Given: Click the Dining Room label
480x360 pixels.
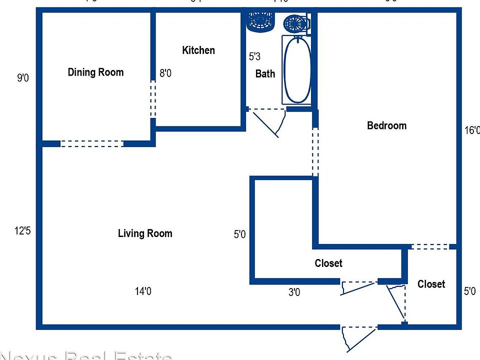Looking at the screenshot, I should (x=95, y=72).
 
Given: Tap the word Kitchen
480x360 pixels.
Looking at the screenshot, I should (x=198, y=50).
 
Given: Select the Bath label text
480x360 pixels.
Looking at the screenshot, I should (x=265, y=74).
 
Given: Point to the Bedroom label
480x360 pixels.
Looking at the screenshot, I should (x=386, y=125).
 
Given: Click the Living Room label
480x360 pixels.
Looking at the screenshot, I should (x=145, y=233).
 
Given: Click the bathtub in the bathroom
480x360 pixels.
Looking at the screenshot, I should (x=297, y=70).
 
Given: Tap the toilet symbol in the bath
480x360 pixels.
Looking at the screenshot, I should (x=296, y=23).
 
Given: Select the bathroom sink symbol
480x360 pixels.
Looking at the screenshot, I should (x=260, y=21).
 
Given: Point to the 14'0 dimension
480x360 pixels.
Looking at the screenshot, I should (x=143, y=291).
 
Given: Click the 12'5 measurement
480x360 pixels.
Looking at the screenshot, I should (x=23, y=231).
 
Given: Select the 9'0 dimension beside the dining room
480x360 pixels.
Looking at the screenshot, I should (x=23, y=78).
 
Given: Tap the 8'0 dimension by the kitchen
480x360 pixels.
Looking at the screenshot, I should (x=165, y=73).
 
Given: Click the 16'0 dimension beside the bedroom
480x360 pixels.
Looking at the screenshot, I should (x=471, y=130).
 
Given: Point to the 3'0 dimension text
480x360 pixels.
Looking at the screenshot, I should (x=294, y=292).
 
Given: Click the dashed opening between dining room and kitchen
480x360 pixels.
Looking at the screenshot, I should (x=153, y=99).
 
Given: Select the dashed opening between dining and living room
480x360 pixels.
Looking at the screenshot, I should (x=91, y=143).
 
